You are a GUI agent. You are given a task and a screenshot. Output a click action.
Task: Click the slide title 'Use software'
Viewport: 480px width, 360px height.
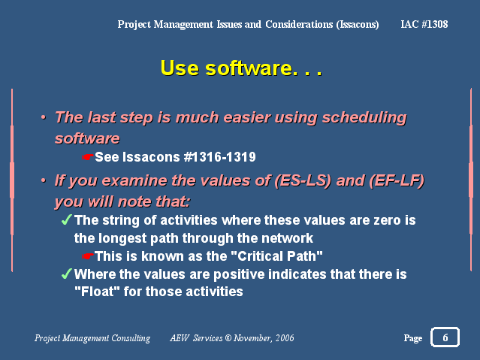pyautogui.click(x=227, y=68)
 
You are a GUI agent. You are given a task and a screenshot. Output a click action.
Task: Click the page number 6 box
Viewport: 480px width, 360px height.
pyautogui.click(x=445, y=337)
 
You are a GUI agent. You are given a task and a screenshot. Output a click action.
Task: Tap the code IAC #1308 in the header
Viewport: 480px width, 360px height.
pyautogui.click(x=424, y=24)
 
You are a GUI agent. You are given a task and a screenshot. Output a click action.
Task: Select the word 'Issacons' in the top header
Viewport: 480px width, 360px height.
pyautogui.click(x=358, y=25)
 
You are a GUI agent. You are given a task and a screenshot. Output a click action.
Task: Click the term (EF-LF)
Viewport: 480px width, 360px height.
pyautogui.click(x=397, y=180)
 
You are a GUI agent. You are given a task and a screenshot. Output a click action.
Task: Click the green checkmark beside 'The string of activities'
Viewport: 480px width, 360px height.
pyautogui.click(x=66, y=219)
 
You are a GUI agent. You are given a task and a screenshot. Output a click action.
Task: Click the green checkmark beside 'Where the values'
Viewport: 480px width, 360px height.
pyautogui.click(x=66, y=274)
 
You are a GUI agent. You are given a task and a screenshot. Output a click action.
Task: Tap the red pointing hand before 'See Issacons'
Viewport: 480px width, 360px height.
pyautogui.click(x=88, y=157)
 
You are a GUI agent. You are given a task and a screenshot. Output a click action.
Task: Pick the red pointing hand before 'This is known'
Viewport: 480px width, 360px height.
pyautogui.click(x=88, y=256)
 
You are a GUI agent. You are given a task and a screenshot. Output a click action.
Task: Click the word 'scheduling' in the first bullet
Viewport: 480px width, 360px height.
pyautogui.click(x=364, y=118)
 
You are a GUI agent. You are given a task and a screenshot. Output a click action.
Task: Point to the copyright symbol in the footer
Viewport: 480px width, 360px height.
pyautogui.click(x=228, y=337)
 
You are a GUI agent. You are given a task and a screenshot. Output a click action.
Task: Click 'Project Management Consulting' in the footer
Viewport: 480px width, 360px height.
pyautogui.click(x=92, y=338)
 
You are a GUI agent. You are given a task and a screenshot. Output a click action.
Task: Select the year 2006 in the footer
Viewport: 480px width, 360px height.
pyautogui.click(x=285, y=337)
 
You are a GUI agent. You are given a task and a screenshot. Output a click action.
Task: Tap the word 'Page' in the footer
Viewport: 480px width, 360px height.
pyautogui.click(x=413, y=338)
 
